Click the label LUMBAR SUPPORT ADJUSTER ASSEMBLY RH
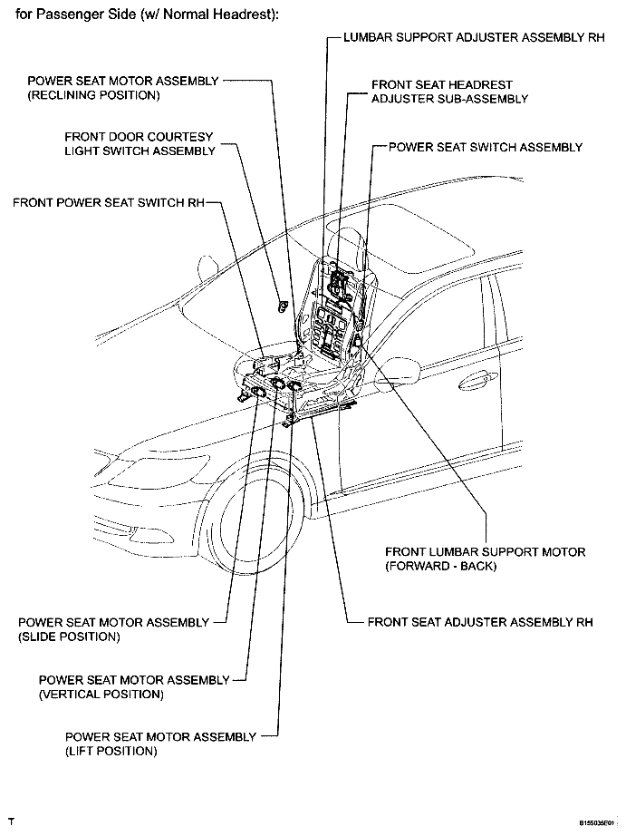click(474, 40)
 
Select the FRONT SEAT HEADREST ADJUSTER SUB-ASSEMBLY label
click(449, 92)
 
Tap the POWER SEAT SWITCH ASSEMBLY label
click(485, 147)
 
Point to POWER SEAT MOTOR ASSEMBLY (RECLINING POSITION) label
click(123, 87)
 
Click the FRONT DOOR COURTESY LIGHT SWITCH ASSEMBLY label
click(140, 143)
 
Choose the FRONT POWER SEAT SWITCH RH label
click(109, 202)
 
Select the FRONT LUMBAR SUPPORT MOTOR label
click(485, 551)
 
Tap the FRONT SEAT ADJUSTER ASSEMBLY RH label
click(479, 623)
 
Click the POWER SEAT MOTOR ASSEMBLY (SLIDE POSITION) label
click(113, 629)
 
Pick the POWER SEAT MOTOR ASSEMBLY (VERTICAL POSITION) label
click(134, 687)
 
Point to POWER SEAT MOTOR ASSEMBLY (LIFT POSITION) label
click(160, 744)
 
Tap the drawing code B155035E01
click(597, 823)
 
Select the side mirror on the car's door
click(406, 370)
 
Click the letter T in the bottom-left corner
click(11, 821)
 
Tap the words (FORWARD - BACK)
click(441, 566)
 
